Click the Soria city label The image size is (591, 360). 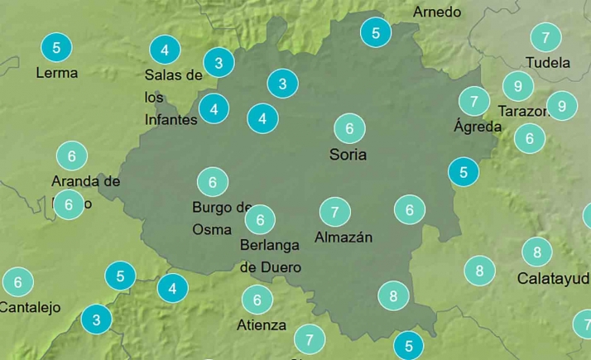coord(348,154)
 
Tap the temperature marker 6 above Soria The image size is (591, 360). coord(349,128)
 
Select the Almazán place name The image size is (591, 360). coord(344,238)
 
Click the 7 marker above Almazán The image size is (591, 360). coord(334,212)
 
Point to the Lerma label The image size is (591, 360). coord(57,73)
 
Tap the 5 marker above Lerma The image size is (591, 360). coord(56,47)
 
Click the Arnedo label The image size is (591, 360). coord(437,12)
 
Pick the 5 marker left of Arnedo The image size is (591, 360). coord(376,33)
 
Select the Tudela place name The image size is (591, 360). coord(548,62)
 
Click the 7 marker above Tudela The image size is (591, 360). coord(545,37)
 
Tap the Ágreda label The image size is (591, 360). coord(478,127)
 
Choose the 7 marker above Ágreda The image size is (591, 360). coord(474,102)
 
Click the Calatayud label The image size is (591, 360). coord(553,278)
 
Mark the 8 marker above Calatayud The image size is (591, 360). coord(537,252)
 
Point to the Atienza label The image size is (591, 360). coord(262,325)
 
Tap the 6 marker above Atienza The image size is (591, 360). coord(257,300)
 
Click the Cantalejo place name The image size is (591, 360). coord(30,307)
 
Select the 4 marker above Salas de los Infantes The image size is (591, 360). coord(166,50)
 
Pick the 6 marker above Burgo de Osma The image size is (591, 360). coord(212,182)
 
